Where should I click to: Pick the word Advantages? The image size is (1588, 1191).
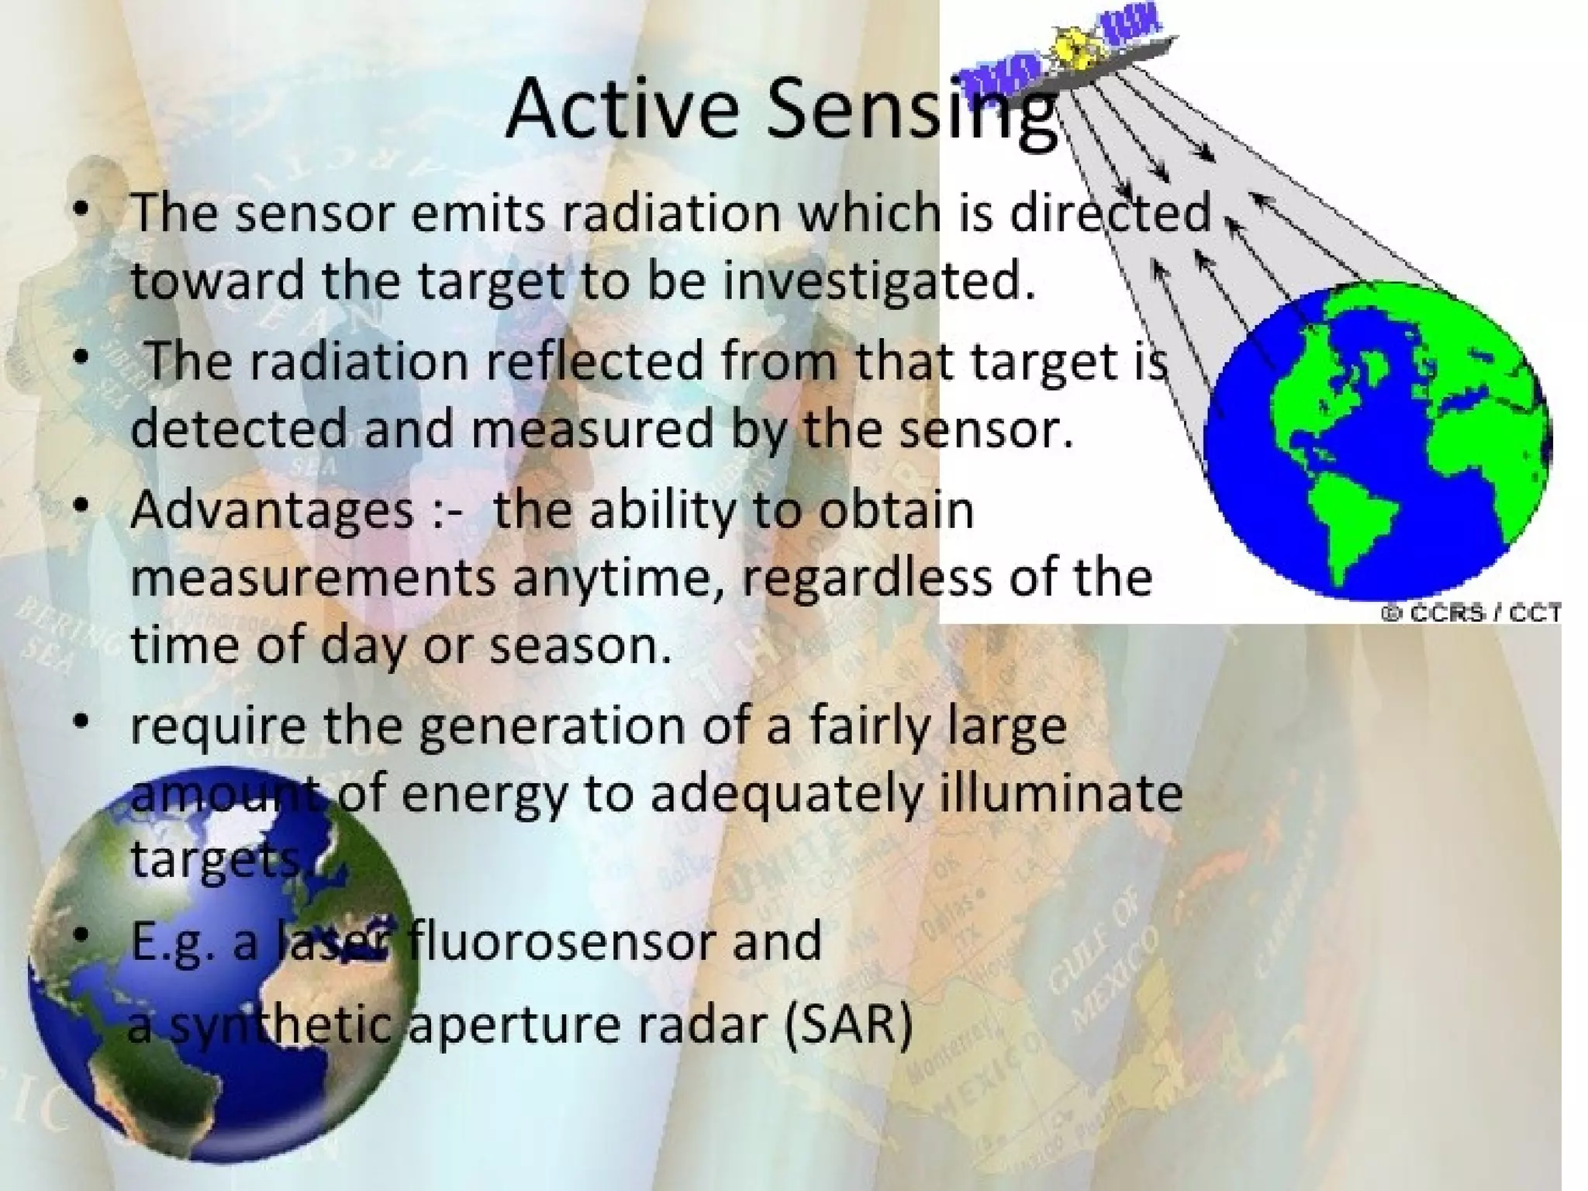272,511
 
